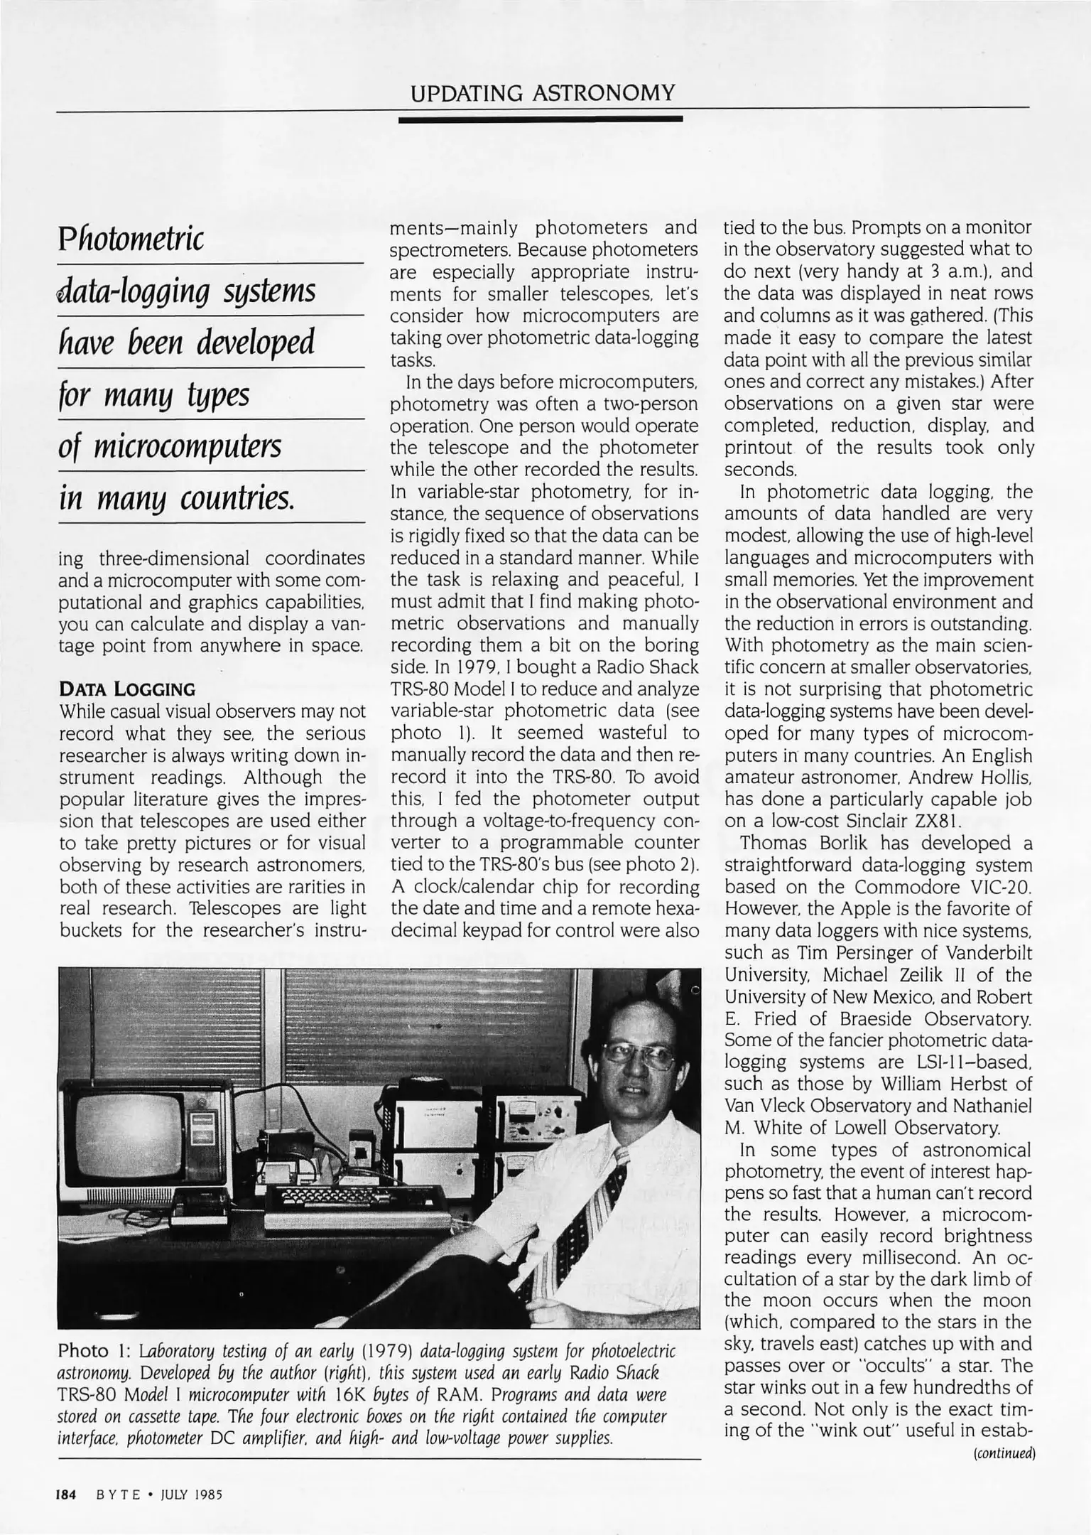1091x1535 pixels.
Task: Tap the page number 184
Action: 66,1494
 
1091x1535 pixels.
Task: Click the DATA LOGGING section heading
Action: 127,689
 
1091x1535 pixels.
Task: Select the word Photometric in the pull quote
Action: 131,239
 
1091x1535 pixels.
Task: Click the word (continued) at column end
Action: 1004,1453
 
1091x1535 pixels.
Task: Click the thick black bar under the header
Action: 541,119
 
